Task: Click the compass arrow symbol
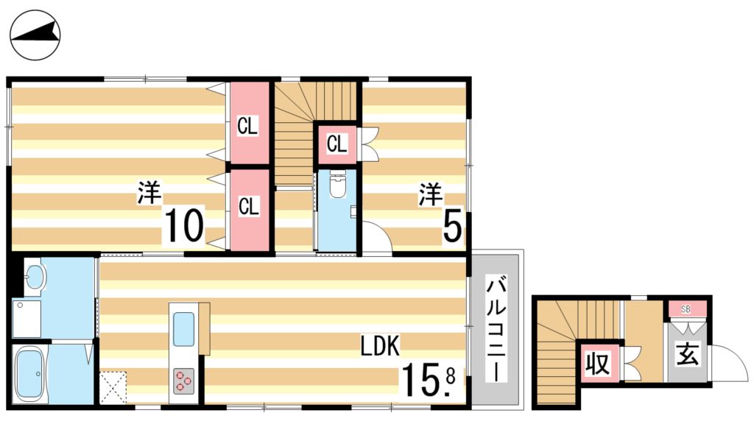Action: point(36,35)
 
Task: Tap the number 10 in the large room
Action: point(183,225)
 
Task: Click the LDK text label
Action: point(379,345)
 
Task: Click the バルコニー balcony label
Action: point(497,329)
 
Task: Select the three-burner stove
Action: point(184,381)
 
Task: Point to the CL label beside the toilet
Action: point(337,144)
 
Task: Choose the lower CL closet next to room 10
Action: point(249,207)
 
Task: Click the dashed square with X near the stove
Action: point(113,386)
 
